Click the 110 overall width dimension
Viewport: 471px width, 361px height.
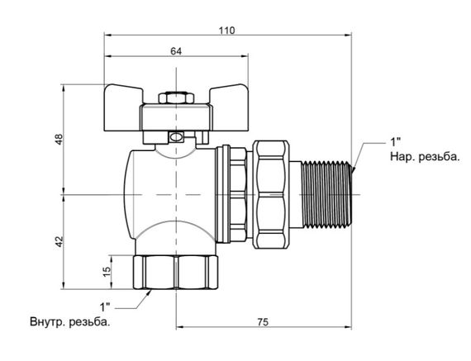pos(226,31)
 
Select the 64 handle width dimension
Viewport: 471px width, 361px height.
pos(176,51)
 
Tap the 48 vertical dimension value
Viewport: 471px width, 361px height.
pos(59,139)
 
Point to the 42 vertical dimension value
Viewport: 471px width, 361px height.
pos(59,241)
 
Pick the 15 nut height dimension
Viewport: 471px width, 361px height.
pos(107,272)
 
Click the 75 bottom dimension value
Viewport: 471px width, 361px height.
pos(262,322)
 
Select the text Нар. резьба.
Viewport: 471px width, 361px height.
pos(425,156)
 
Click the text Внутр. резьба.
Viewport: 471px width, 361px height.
pos(70,322)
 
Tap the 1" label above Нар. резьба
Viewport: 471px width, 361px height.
pos(395,142)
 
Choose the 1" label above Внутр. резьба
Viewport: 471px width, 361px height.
pos(105,307)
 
